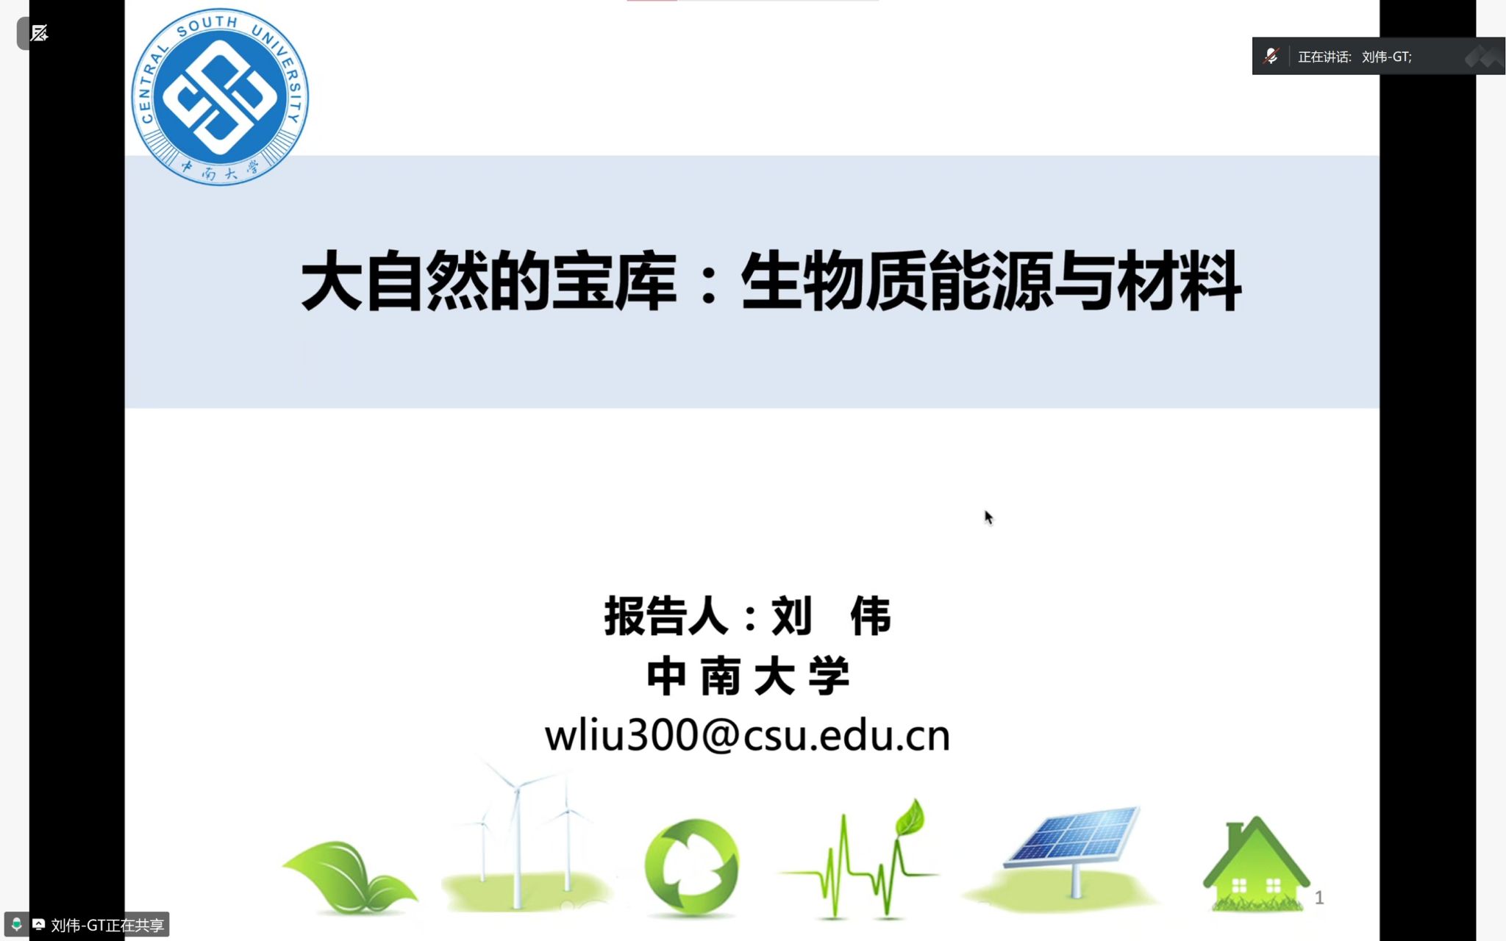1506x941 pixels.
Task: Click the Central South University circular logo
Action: [x=220, y=96]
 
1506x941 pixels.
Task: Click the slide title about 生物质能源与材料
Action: [x=771, y=281]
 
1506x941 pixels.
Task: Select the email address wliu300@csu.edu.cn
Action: [x=747, y=735]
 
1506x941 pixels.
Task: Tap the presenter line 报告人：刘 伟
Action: [x=748, y=616]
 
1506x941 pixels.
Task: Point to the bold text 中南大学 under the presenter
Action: [x=748, y=676]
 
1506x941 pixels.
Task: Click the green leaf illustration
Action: [x=349, y=878]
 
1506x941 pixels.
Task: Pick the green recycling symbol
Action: [x=691, y=867]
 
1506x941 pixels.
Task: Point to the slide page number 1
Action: [x=1319, y=898]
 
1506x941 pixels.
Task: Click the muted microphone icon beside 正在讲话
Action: [x=1271, y=56]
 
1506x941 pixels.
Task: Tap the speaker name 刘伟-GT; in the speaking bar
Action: [x=1387, y=57]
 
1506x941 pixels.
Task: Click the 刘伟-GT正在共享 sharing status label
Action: [x=107, y=925]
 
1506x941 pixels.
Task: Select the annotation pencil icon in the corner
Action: [x=39, y=33]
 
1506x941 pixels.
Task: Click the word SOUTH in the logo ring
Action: [x=207, y=25]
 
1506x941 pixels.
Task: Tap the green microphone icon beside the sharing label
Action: [x=16, y=924]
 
